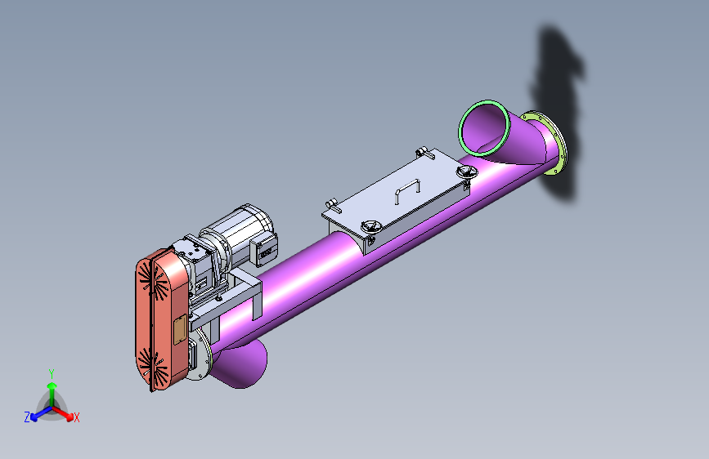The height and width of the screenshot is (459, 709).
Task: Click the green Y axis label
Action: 52,374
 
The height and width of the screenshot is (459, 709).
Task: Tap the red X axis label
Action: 76,417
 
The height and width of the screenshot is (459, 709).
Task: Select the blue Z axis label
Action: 27,417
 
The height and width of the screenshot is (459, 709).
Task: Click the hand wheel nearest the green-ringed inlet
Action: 467,172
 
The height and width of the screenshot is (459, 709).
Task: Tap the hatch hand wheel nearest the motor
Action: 371,226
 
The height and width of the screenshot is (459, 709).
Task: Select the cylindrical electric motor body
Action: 240,233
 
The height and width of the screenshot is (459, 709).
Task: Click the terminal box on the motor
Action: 264,250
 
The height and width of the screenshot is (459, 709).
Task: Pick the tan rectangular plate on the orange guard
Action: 180,330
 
